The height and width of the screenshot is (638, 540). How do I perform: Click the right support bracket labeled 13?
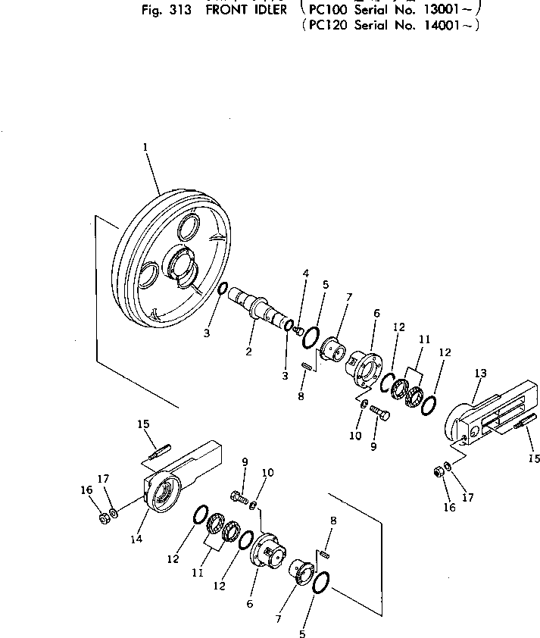pos(485,424)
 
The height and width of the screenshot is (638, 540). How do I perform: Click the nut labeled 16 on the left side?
pos(101,520)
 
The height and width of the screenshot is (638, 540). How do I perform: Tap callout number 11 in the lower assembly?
pos(198,573)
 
